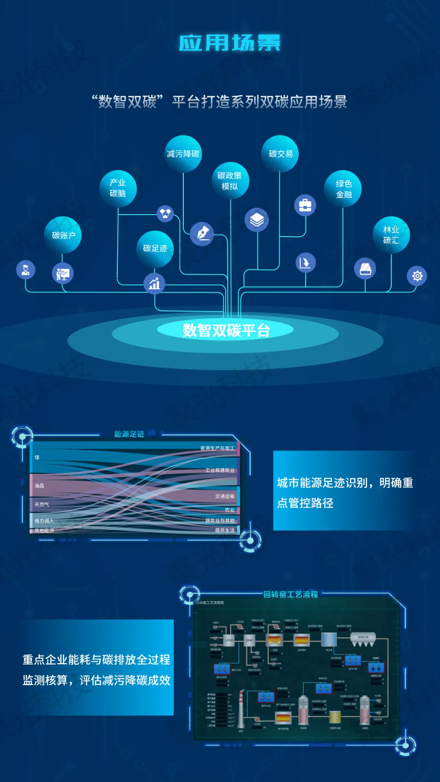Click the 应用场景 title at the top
coord(229,43)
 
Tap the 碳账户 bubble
coord(63,235)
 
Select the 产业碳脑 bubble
coord(118,188)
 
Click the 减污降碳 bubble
coord(183,154)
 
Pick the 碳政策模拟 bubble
coord(230,180)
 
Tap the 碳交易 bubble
coord(280,154)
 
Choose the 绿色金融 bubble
coord(343,189)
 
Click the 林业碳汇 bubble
coord(391,235)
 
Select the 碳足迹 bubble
coord(155,249)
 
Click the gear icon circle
coord(417,276)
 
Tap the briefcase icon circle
coord(305,205)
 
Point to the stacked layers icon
coord(257,219)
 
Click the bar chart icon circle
coord(154,283)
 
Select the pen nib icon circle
coord(202,233)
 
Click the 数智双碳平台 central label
coord(226,330)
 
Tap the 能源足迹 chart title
coord(129,434)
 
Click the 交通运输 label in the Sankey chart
coord(224,496)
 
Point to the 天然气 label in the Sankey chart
coord(42,504)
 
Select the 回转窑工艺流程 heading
coord(290,594)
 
